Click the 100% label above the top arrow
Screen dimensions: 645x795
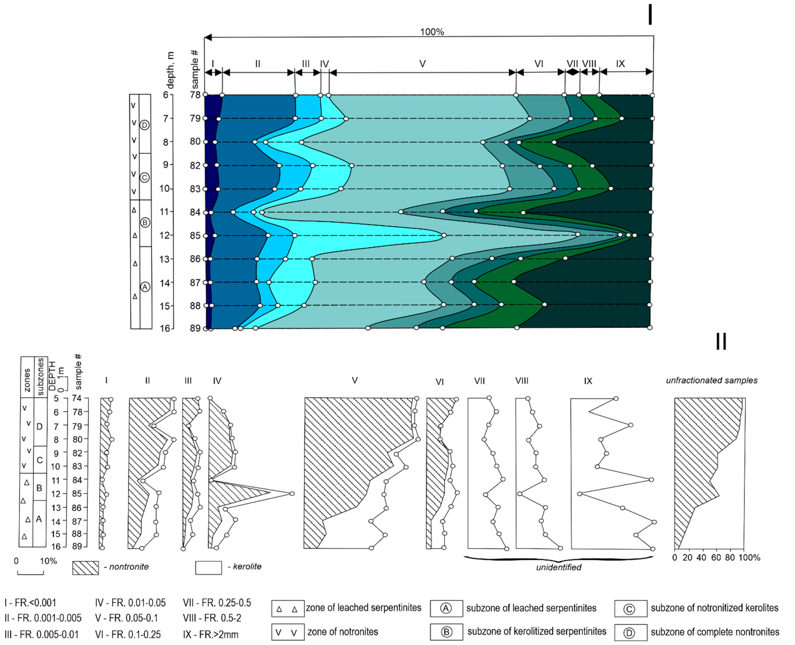[x=432, y=32]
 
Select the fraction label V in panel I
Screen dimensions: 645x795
[x=422, y=64]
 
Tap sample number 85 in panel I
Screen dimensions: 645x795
[x=195, y=236]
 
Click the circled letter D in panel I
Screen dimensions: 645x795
[x=145, y=125]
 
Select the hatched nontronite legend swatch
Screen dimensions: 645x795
[x=85, y=568]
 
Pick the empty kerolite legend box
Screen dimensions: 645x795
[x=208, y=568]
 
